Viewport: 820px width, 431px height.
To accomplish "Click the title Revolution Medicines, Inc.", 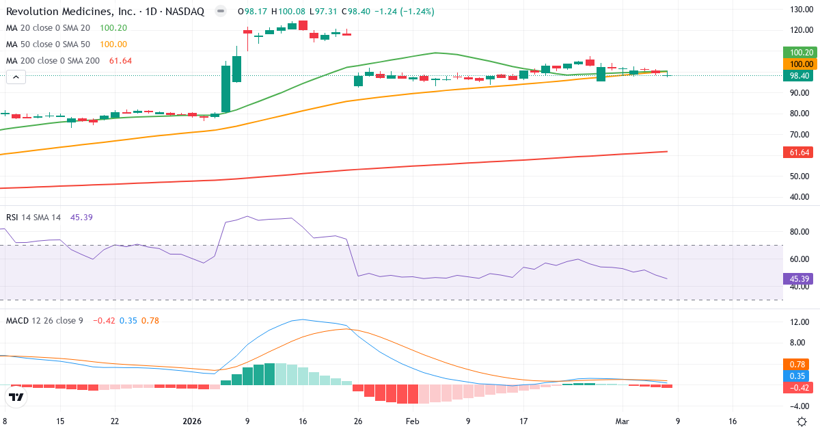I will (61, 12).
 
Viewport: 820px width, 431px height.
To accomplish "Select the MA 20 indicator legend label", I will (48, 28).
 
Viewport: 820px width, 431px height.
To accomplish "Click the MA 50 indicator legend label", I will (48, 44).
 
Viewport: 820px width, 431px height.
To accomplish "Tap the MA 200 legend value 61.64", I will (120, 61).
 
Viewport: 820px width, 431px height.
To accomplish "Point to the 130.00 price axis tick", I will (799, 9).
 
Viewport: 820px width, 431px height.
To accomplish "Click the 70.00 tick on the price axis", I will (799, 134).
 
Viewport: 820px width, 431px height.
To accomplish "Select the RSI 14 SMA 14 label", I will (33, 217).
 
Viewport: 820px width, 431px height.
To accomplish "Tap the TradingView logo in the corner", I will (16, 397).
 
